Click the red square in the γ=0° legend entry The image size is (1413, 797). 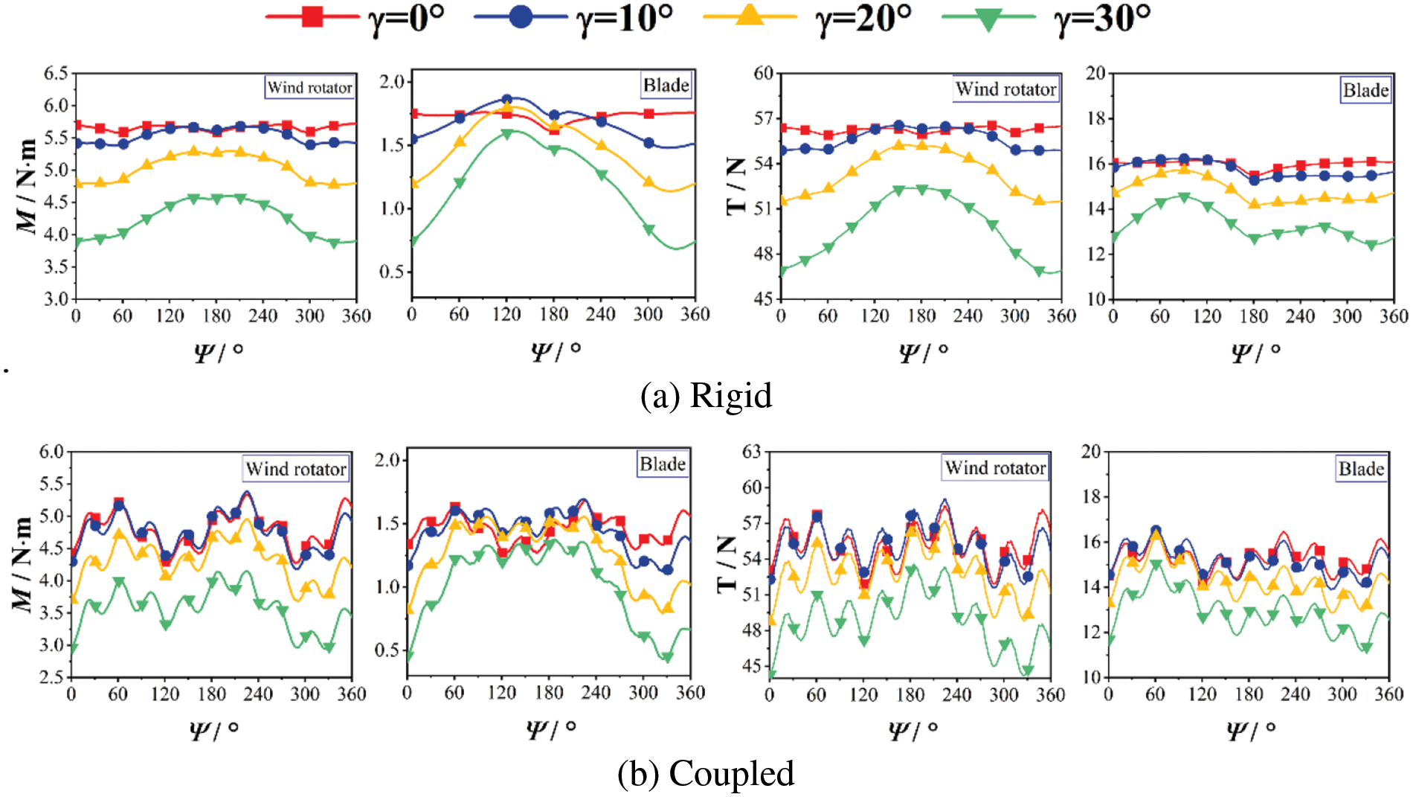(x=312, y=17)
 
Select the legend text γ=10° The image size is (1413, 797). (x=625, y=18)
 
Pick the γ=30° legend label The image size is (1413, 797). (x=1102, y=18)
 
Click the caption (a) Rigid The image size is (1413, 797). (x=706, y=395)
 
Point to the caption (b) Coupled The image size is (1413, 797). (x=706, y=773)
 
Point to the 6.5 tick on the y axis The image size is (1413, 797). (x=56, y=73)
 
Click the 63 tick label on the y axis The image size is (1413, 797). (x=752, y=451)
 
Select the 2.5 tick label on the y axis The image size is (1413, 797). (x=51, y=677)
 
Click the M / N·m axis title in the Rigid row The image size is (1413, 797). (x=26, y=186)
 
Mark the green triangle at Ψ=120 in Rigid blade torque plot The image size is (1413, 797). (x=507, y=135)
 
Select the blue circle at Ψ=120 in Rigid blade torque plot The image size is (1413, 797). (x=507, y=99)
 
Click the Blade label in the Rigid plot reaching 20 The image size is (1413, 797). (x=1365, y=90)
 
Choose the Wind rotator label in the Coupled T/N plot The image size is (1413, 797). (x=995, y=467)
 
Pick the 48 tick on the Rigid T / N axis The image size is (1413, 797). (x=763, y=254)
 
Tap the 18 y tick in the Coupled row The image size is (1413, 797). (x=1091, y=496)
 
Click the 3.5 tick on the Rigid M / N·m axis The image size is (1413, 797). (x=56, y=266)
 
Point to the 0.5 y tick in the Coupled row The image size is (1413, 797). (x=387, y=650)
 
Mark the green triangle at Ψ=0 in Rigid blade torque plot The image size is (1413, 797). (x=413, y=241)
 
